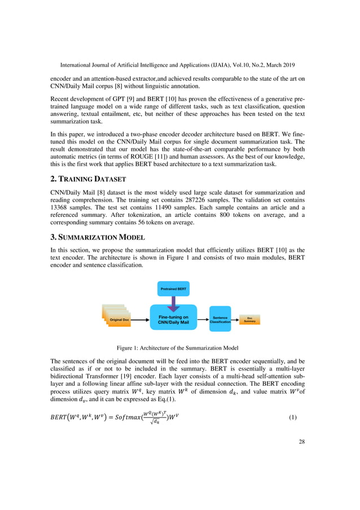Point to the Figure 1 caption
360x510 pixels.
[180, 348]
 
